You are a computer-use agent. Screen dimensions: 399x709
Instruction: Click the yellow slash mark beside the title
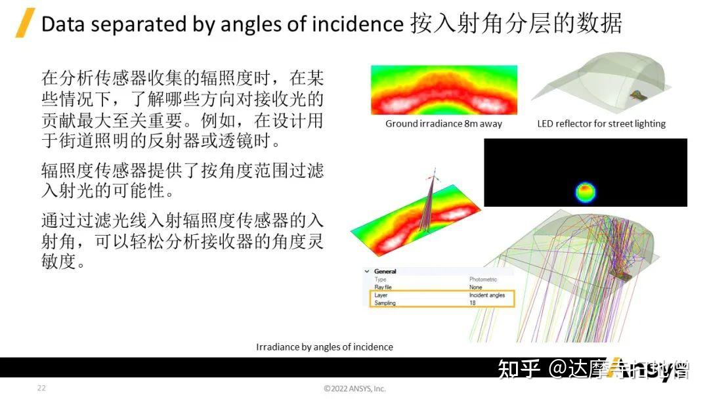tap(25, 24)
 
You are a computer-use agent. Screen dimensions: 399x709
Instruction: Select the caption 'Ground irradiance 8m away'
tap(443, 123)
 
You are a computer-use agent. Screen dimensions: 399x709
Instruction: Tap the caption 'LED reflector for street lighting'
tap(601, 123)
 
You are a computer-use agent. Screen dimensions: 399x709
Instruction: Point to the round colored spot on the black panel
tap(586, 192)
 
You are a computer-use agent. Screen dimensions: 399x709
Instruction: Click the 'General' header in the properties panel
tap(385, 271)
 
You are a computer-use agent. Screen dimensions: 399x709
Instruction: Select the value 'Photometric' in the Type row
tap(483, 280)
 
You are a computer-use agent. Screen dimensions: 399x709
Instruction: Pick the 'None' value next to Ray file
tap(475, 287)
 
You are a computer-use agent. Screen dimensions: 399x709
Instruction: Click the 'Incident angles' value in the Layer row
tap(486, 295)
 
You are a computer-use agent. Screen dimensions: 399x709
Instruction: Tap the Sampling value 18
tap(473, 303)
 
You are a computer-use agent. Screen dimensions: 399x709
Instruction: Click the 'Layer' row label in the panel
tap(381, 295)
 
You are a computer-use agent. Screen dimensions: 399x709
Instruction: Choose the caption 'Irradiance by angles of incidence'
tap(324, 346)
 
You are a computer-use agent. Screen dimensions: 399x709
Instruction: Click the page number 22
tap(41, 388)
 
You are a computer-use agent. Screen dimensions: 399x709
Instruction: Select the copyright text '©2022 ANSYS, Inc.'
tap(354, 388)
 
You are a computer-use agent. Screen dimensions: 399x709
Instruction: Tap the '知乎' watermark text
tap(519, 369)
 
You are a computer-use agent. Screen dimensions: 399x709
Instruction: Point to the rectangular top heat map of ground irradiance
tap(444, 90)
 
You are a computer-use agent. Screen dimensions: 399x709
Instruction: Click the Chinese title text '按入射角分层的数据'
tap(516, 24)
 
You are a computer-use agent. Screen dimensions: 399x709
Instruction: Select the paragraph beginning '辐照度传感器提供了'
tap(183, 182)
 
